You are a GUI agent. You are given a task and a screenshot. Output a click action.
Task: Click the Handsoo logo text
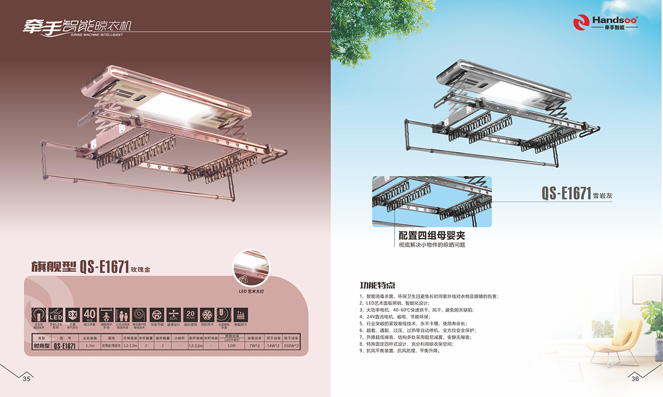point(614,20)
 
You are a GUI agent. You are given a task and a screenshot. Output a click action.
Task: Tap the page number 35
point(26,379)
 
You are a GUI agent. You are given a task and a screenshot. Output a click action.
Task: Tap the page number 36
point(635,379)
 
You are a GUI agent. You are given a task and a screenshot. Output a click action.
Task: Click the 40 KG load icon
point(90,314)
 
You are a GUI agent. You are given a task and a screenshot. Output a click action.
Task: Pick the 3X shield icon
point(72,314)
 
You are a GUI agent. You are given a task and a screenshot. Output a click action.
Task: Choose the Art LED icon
point(55,314)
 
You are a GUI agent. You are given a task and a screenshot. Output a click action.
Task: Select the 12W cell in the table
point(231,346)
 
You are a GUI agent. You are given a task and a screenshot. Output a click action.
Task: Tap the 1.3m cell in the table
point(90,346)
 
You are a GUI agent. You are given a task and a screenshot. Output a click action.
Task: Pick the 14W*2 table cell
point(272,346)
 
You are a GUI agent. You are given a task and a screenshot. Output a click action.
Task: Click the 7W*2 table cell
point(254,346)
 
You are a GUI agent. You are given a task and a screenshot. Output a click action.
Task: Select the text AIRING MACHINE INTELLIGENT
point(97,34)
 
